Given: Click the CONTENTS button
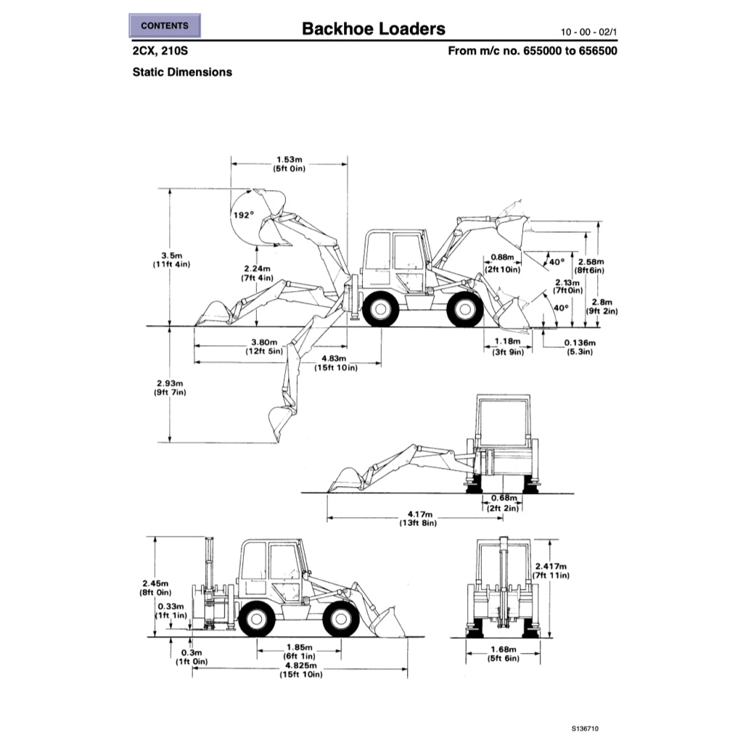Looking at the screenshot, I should [165, 26].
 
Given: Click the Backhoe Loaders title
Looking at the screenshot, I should [374, 29].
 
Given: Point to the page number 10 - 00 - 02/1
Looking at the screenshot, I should [588, 32].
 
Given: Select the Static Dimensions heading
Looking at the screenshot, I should [182, 72].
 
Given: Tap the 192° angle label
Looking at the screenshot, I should [243, 215].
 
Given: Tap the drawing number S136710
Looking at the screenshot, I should [586, 728].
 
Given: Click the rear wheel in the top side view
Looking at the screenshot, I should [380, 309].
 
